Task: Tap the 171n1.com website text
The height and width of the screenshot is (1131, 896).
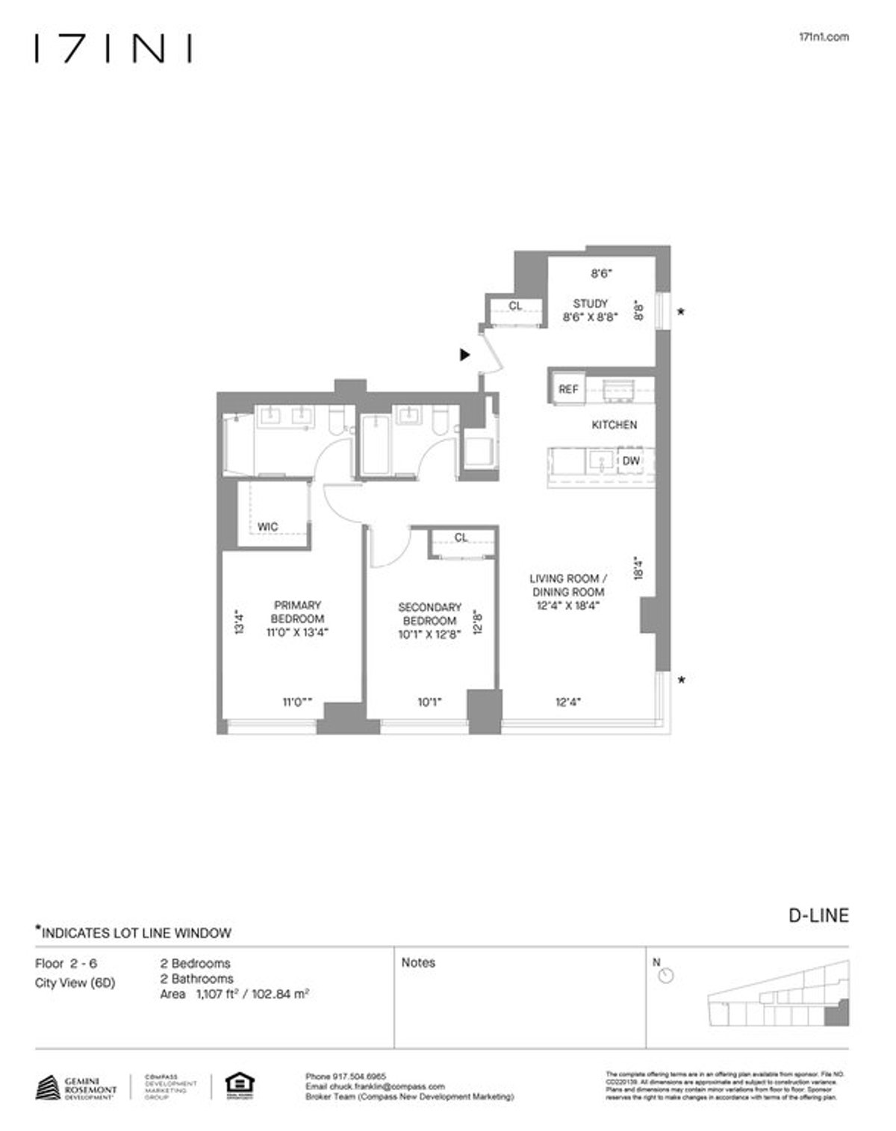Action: [x=823, y=37]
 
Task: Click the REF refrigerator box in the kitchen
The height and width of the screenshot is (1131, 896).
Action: [x=568, y=389]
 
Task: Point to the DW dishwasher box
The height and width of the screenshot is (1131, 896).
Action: [x=631, y=461]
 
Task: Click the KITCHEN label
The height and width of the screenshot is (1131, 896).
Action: [x=614, y=425]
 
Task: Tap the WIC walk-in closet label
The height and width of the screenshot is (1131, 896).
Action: [x=267, y=527]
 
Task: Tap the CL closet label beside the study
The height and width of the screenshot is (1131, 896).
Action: [x=515, y=306]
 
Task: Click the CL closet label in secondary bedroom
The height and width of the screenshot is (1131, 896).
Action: [x=461, y=538]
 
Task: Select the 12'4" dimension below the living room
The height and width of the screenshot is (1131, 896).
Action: [x=568, y=702]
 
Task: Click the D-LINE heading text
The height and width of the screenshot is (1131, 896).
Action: [x=818, y=915]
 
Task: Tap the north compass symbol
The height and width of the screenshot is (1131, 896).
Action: [x=666, y=975]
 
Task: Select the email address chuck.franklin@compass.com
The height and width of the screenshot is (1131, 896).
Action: [x=375, y=1087]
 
